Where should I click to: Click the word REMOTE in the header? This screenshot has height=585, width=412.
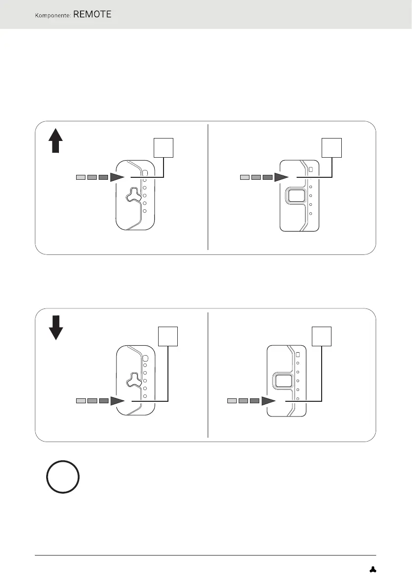pos(92,15)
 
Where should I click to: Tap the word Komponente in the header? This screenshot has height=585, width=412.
pos(53,16)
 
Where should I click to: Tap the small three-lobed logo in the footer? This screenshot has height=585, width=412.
pos(373,569)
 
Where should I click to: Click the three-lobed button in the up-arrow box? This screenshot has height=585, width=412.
pos(132,195)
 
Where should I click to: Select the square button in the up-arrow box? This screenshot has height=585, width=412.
pos(296,196)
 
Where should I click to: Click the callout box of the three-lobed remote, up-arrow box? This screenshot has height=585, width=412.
pos(164,147)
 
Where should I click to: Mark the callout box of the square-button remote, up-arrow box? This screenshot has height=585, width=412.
pos(331,147)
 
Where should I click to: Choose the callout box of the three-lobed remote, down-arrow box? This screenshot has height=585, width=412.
pos(168,336)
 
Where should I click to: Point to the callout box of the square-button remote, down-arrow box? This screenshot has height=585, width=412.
pos(321,336)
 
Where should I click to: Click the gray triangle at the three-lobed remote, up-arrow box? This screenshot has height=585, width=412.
pos(119,177)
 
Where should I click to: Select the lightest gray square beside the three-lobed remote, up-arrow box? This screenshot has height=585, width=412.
pos(81,177)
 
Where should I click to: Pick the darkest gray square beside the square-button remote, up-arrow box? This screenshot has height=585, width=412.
pos(267,177)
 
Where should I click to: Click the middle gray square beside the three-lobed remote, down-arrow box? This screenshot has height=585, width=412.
pos(92,401)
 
